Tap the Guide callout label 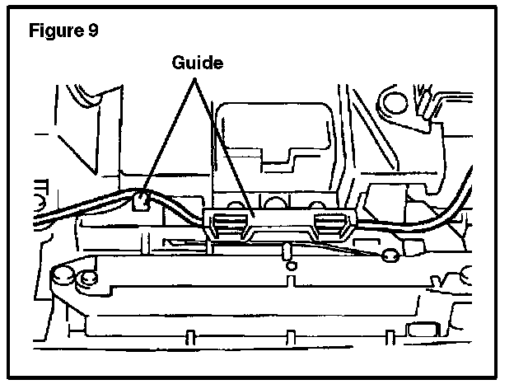pyautogui.click(x=197, y=63)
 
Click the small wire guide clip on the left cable pyautogui.click(x=142, y=199)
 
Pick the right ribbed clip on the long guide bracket pyautogui.click(x=332, y=221)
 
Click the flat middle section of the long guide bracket pyautogui.click(x=280, y=217)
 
